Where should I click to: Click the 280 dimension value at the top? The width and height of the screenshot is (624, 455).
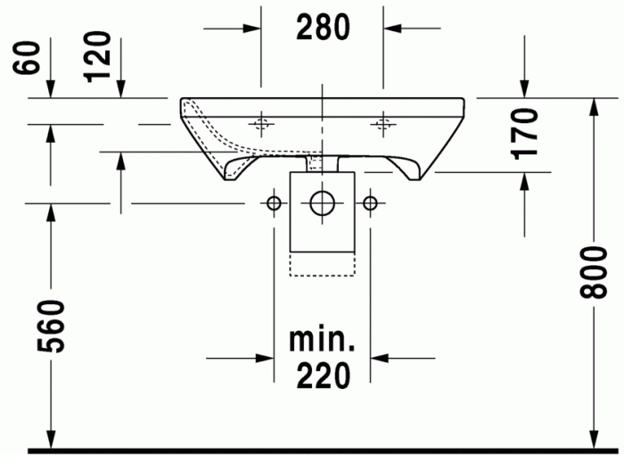pos(323,27)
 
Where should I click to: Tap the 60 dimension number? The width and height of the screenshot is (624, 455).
pos(26,58)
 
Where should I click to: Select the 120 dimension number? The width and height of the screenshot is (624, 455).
pos(97,57)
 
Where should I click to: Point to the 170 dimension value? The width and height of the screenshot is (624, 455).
pos(525,134)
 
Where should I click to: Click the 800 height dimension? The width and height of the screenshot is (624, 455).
pos(594,272)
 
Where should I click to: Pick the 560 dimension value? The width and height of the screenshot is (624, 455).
pos(51,327)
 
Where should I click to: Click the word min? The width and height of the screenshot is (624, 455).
pos(322,340)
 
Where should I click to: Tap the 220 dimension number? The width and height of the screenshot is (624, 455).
pos(324,376)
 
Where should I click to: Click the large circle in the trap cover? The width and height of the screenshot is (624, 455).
pos(322,203)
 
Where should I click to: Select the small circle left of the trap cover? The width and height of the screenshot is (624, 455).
pos(274,203)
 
